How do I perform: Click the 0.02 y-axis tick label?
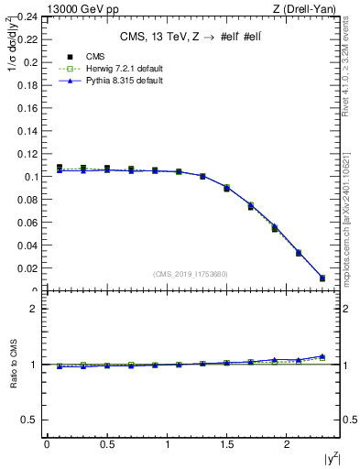[x=28, y=268]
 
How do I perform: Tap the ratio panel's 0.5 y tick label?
[x=31, y=420]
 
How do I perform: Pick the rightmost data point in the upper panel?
[x=322, y=278]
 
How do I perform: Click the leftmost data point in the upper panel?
[x=60, y=168]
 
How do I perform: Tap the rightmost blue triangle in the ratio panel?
[x=322, y=356]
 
